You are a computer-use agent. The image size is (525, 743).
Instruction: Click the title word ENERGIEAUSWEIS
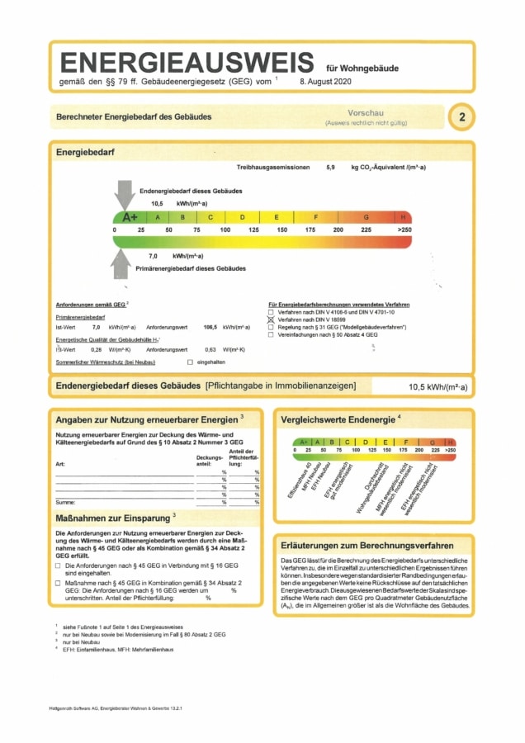click(x=187, y=64)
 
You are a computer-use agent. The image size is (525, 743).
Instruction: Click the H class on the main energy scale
click(x=403, y=217)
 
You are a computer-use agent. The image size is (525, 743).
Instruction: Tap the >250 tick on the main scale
click(x=404, y=229)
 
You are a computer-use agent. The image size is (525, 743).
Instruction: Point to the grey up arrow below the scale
click(x=122, y=263)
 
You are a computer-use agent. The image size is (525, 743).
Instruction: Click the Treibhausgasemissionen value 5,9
click(x=330, y=168)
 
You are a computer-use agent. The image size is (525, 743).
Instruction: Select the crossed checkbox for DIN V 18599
click(x=270, y=319)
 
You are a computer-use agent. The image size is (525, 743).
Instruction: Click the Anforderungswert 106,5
click(x=209, y=328)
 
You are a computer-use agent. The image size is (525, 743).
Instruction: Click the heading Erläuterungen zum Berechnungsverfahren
click(x=367, y=546)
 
